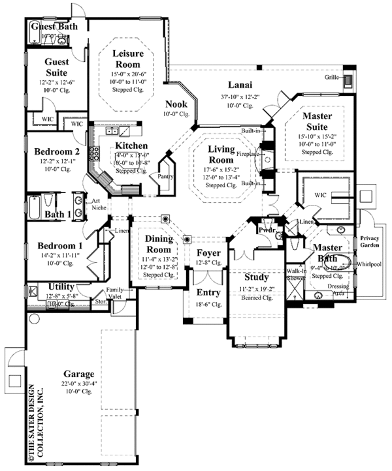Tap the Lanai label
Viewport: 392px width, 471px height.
point(240,84)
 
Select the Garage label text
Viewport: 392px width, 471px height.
point(78,374)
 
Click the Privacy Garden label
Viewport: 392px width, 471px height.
point(370,242)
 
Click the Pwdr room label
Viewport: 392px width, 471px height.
point(266,230)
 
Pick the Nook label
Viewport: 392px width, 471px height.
point(176,104)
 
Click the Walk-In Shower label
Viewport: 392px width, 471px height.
point(295,275)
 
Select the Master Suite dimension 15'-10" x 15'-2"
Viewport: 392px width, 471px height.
point(318,136)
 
